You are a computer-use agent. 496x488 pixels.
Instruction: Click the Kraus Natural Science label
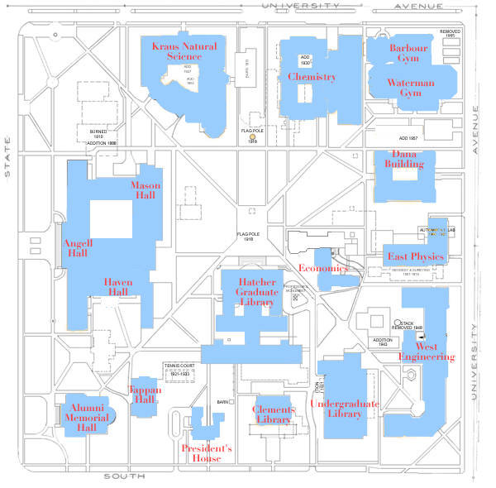tap(184, 51)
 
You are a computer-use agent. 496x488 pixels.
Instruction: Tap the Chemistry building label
tap(312, 77)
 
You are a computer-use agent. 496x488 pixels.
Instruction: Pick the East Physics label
tap(416, 257)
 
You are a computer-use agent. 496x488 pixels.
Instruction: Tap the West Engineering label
tap(427, 352)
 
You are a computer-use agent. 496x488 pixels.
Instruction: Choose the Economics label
tap(322, 269)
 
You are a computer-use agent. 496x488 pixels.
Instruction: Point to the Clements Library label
tap(273, 415)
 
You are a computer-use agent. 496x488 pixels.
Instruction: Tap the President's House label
tap(207, 453)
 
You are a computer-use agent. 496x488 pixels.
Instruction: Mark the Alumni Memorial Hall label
tap(87, 419)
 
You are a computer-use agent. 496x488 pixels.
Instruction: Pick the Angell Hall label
tap(76, 248)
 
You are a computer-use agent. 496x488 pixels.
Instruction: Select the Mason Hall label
tap(145, 190)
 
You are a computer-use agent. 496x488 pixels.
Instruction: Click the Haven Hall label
tap(117, 287)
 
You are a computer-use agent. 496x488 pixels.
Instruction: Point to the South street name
tap(125, 477)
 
